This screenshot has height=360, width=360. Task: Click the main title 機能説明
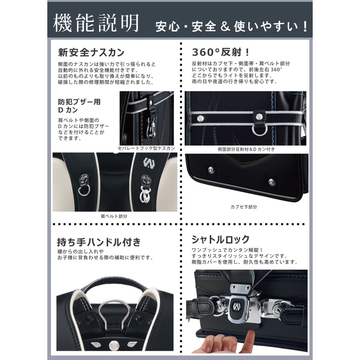click(x=96, y=23)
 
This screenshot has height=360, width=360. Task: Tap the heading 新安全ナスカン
click(x=91, y=52)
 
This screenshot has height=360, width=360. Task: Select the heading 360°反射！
click(x=221, y=52)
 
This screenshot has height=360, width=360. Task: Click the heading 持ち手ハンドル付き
click(x=99, y=242)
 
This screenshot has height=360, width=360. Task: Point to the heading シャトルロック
click(x=221, y=239)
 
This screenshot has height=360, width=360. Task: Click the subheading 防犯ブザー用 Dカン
click(x=79, y=106)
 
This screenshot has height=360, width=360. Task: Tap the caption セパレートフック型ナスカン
click(x=147, y=148)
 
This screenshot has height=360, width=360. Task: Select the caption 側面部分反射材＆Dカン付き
click(x=246, y=149)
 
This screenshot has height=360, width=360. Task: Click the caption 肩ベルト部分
click(x=114, y=216)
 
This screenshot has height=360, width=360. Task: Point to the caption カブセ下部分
click(x=244, y=207)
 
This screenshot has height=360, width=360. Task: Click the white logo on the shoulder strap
click(x=149, y=163)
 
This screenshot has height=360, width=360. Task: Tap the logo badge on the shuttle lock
click(x=236, y=307)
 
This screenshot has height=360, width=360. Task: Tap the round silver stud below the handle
click(x=114, y=345)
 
